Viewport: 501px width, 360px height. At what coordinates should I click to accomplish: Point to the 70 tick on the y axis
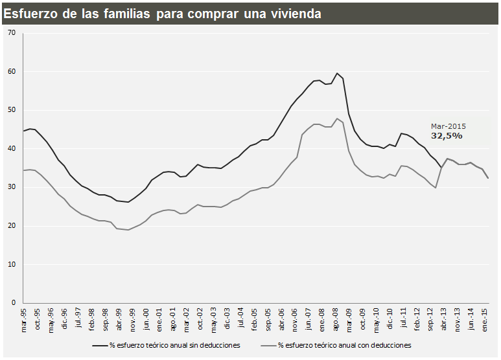coord(11,33)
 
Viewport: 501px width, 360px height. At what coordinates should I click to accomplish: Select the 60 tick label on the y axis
coord(11,72)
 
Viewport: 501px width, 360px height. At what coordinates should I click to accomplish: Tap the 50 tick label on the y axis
coord(11,110)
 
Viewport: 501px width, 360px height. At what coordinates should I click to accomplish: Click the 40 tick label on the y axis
coord(11,149)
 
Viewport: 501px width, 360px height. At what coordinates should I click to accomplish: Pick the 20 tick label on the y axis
coord(11,226)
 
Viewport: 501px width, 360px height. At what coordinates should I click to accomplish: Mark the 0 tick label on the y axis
coord(13,303)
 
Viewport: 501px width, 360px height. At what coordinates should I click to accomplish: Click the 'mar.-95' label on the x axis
coord(25,319)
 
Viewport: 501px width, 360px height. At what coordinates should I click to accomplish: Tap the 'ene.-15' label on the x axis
coord(484,319)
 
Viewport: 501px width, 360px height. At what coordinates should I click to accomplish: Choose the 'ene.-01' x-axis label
coord(160,319)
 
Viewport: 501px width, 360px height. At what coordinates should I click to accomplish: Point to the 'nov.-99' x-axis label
coord(133,319)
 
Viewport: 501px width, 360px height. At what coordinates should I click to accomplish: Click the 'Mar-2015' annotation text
coord(449,126)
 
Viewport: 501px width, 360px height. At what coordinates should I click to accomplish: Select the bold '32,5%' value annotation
coord(447,136)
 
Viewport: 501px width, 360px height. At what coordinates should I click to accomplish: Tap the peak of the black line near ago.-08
coord(337,73)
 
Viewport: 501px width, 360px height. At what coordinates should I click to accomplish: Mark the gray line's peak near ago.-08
coord(337,118)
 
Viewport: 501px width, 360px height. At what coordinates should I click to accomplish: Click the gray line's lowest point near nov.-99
coord(128,230)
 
